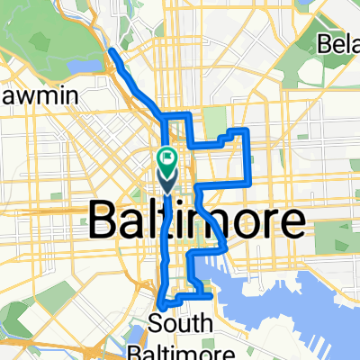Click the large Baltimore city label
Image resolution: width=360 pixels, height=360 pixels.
[x=197, y=220]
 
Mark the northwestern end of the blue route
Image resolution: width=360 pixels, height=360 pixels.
[x=111, y=53]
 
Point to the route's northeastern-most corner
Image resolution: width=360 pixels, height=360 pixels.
[x=247, y=131]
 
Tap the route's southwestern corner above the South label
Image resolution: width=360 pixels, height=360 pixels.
[x=161, y=305]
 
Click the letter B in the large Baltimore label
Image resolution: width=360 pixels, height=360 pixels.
[x=104, y=220]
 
